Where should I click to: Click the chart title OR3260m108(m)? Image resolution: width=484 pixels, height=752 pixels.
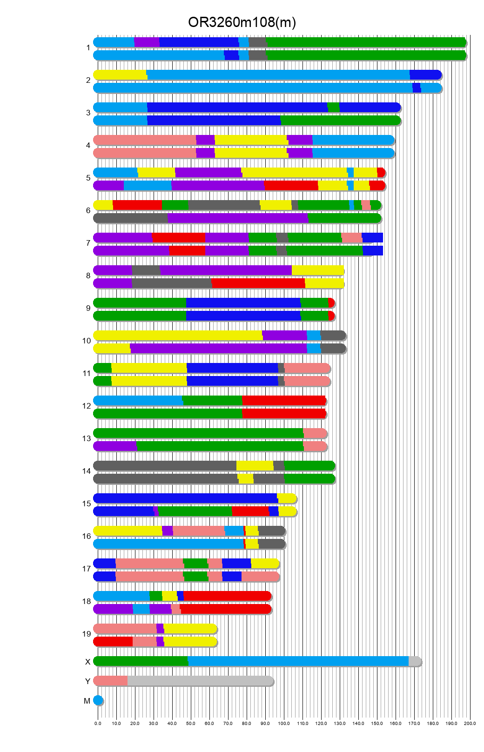click(242, 22)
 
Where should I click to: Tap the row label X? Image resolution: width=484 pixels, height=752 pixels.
click(87, 662)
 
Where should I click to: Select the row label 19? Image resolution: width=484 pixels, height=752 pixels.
click(87, 634)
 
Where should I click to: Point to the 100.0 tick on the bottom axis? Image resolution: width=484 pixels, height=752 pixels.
click(284, 724)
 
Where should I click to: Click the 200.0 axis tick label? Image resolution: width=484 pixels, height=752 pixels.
click(470, 724)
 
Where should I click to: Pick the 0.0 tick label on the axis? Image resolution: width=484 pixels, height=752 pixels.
click(98, 724)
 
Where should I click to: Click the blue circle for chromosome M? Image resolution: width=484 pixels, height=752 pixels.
click(98, 700)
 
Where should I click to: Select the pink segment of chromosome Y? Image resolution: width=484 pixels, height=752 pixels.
click(111, 681)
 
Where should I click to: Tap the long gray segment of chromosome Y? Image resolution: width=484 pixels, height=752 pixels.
click(200, 681)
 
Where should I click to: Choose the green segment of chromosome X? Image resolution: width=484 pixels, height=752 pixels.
click(141, 661)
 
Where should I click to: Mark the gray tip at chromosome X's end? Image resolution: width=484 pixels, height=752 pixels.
click(414, 661)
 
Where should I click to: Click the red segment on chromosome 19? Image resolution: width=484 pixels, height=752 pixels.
click(113, 642)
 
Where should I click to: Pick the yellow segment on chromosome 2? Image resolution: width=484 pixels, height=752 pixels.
click(120, 75)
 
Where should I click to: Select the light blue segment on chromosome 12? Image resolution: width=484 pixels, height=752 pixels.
click(138, 401)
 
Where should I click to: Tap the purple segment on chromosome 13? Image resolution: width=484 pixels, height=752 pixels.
click(115, 446)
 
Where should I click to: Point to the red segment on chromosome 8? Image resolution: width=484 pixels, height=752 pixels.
click(258, 283)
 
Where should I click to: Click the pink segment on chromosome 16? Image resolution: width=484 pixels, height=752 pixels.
click(198, 531)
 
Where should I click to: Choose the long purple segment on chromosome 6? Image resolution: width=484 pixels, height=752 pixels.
click(237, 218)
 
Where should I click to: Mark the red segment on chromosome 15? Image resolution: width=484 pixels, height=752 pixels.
click(250, 511)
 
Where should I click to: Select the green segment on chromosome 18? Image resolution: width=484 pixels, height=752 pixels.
click(155, 596)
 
